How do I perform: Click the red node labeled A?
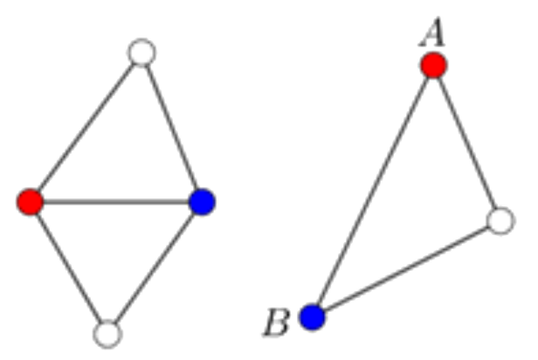coord(434,66)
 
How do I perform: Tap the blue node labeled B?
coord(313,317)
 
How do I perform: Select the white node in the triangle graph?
coord(500,221)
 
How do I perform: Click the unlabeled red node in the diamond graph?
coord(31,202)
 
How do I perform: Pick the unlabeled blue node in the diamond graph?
coord(202,202)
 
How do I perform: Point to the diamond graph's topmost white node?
coord(141,52)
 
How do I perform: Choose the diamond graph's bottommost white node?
coord(107,334)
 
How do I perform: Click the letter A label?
coord(432,32)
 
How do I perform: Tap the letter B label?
coord(277,322)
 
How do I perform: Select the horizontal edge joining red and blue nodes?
coord(116,202)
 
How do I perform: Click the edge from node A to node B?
coord(373,191)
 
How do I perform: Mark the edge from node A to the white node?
coord(467,143)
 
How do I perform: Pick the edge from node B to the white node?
coord(406,269)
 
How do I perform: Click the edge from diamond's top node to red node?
coord(86,128)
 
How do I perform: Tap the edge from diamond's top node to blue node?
coord(172,128)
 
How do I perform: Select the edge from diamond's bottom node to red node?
coord(69,267)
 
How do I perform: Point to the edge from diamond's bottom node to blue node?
coord(155,267)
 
